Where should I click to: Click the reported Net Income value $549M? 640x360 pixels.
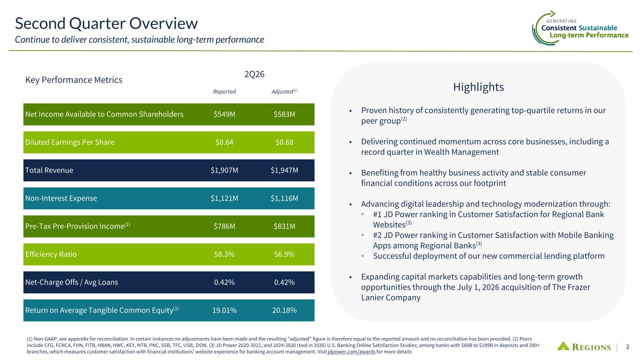(x=224, y=114)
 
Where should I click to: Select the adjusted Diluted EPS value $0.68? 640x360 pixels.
(x=284, y=142)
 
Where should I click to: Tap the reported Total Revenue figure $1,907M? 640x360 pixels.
(x=224, y=170)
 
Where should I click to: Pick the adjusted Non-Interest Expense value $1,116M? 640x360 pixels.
(x=284, y=198)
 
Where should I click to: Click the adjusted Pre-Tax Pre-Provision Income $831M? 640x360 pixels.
(x=284, y=226)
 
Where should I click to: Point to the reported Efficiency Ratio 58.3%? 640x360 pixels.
(x=224, y=254)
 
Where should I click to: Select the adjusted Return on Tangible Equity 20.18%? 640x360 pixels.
(x=284, y=310)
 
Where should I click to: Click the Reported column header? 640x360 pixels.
(x=224, y=91)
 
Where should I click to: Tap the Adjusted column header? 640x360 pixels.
(x=284, y=91)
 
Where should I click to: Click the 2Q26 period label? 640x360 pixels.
(x=254, y=74)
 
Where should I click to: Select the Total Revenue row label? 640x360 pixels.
(x=49, y=170)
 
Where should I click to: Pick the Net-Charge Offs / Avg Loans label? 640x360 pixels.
(x=71, y=282)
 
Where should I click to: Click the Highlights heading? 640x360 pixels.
(x=479, y=87)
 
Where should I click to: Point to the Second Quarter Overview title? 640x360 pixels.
(x=106, y=23)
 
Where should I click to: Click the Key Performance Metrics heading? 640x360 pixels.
(x=74, y=80)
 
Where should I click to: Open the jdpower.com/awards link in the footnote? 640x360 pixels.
(x=352, y=352)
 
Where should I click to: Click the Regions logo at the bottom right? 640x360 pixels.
(x=584, y=346)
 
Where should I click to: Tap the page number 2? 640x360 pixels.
(x=628, y=347)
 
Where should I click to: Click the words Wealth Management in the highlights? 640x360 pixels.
(x=461, y=152)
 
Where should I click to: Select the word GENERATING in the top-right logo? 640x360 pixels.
(x=561, y=21)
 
